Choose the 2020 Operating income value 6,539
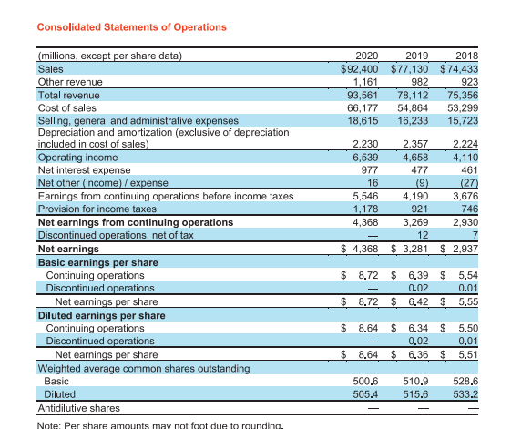pyautogui.click(x=364, y=158)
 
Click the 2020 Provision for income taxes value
pyautogui.click(x=364, y=209)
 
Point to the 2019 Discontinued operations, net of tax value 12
pyautogui.click(x=422, y=234)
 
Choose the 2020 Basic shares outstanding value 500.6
pyautogui.click(x=365, y=382)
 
